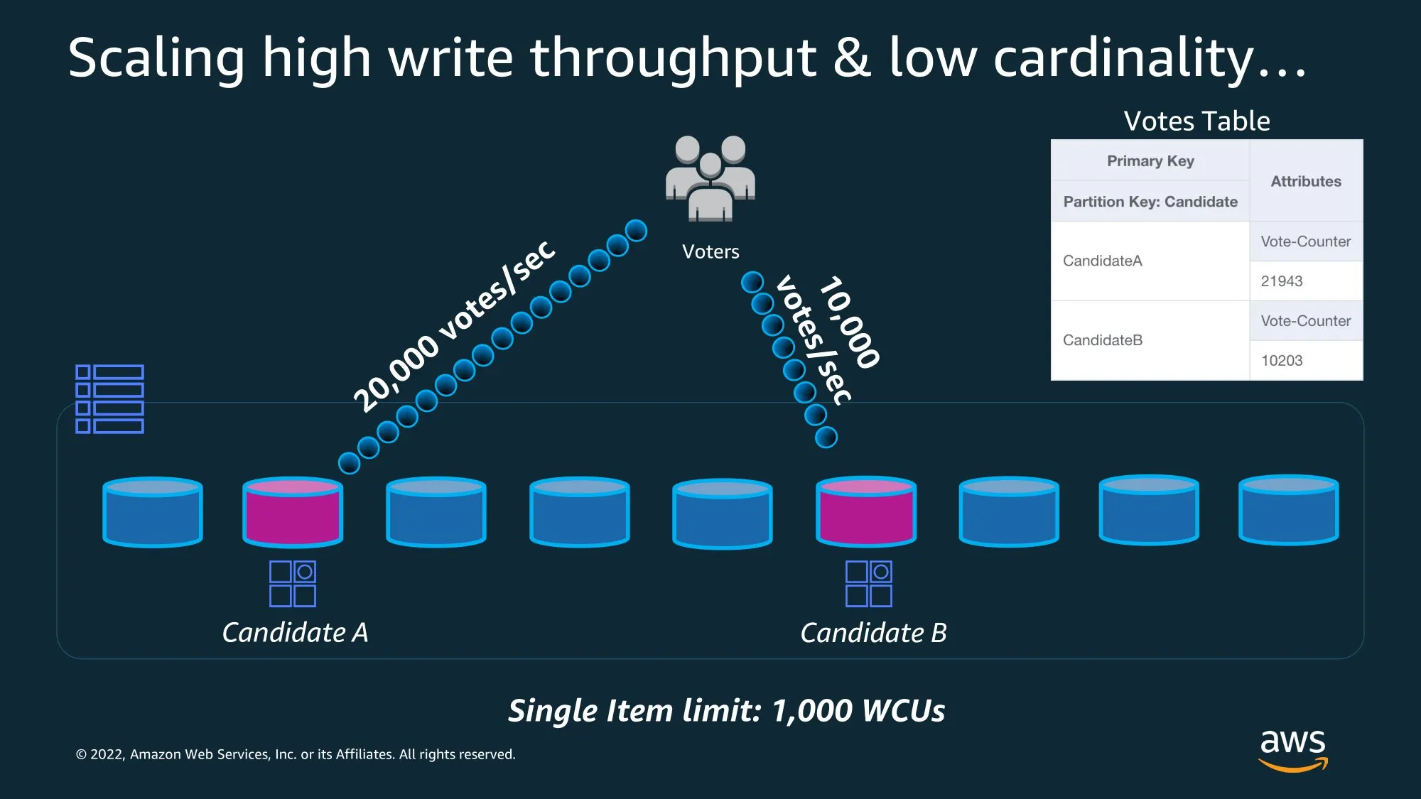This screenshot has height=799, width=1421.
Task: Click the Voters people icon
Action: coord(710,178)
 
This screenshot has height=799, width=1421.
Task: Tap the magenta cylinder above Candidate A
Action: coord(293,512)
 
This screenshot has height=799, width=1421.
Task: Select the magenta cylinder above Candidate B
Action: coord(866,512)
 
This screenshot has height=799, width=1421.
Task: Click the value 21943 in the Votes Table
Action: coord(1281,281)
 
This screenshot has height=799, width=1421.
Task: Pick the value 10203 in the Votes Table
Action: coord(1281,361)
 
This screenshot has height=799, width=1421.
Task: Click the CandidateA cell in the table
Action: coord(1102,261)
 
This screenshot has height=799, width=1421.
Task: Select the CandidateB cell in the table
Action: coord(1102,341)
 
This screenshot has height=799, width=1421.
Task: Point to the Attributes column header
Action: coord(1305,182)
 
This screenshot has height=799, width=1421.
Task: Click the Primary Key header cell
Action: coord(1150,161)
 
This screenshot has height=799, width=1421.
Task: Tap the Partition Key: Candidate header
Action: coord(1150,202)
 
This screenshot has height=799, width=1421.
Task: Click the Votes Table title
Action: coord(1196,121)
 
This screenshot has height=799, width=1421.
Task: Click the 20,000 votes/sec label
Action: coord(455,326)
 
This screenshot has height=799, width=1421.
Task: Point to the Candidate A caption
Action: coord(295,633)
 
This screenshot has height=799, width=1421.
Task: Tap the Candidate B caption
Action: coord(873,633)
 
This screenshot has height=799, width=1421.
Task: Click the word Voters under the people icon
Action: coord(710,252)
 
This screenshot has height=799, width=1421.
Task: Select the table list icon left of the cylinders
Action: coord(110,399)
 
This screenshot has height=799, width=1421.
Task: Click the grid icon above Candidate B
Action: coord(868,584)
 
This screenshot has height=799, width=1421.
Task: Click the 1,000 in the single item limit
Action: coord(812,711)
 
